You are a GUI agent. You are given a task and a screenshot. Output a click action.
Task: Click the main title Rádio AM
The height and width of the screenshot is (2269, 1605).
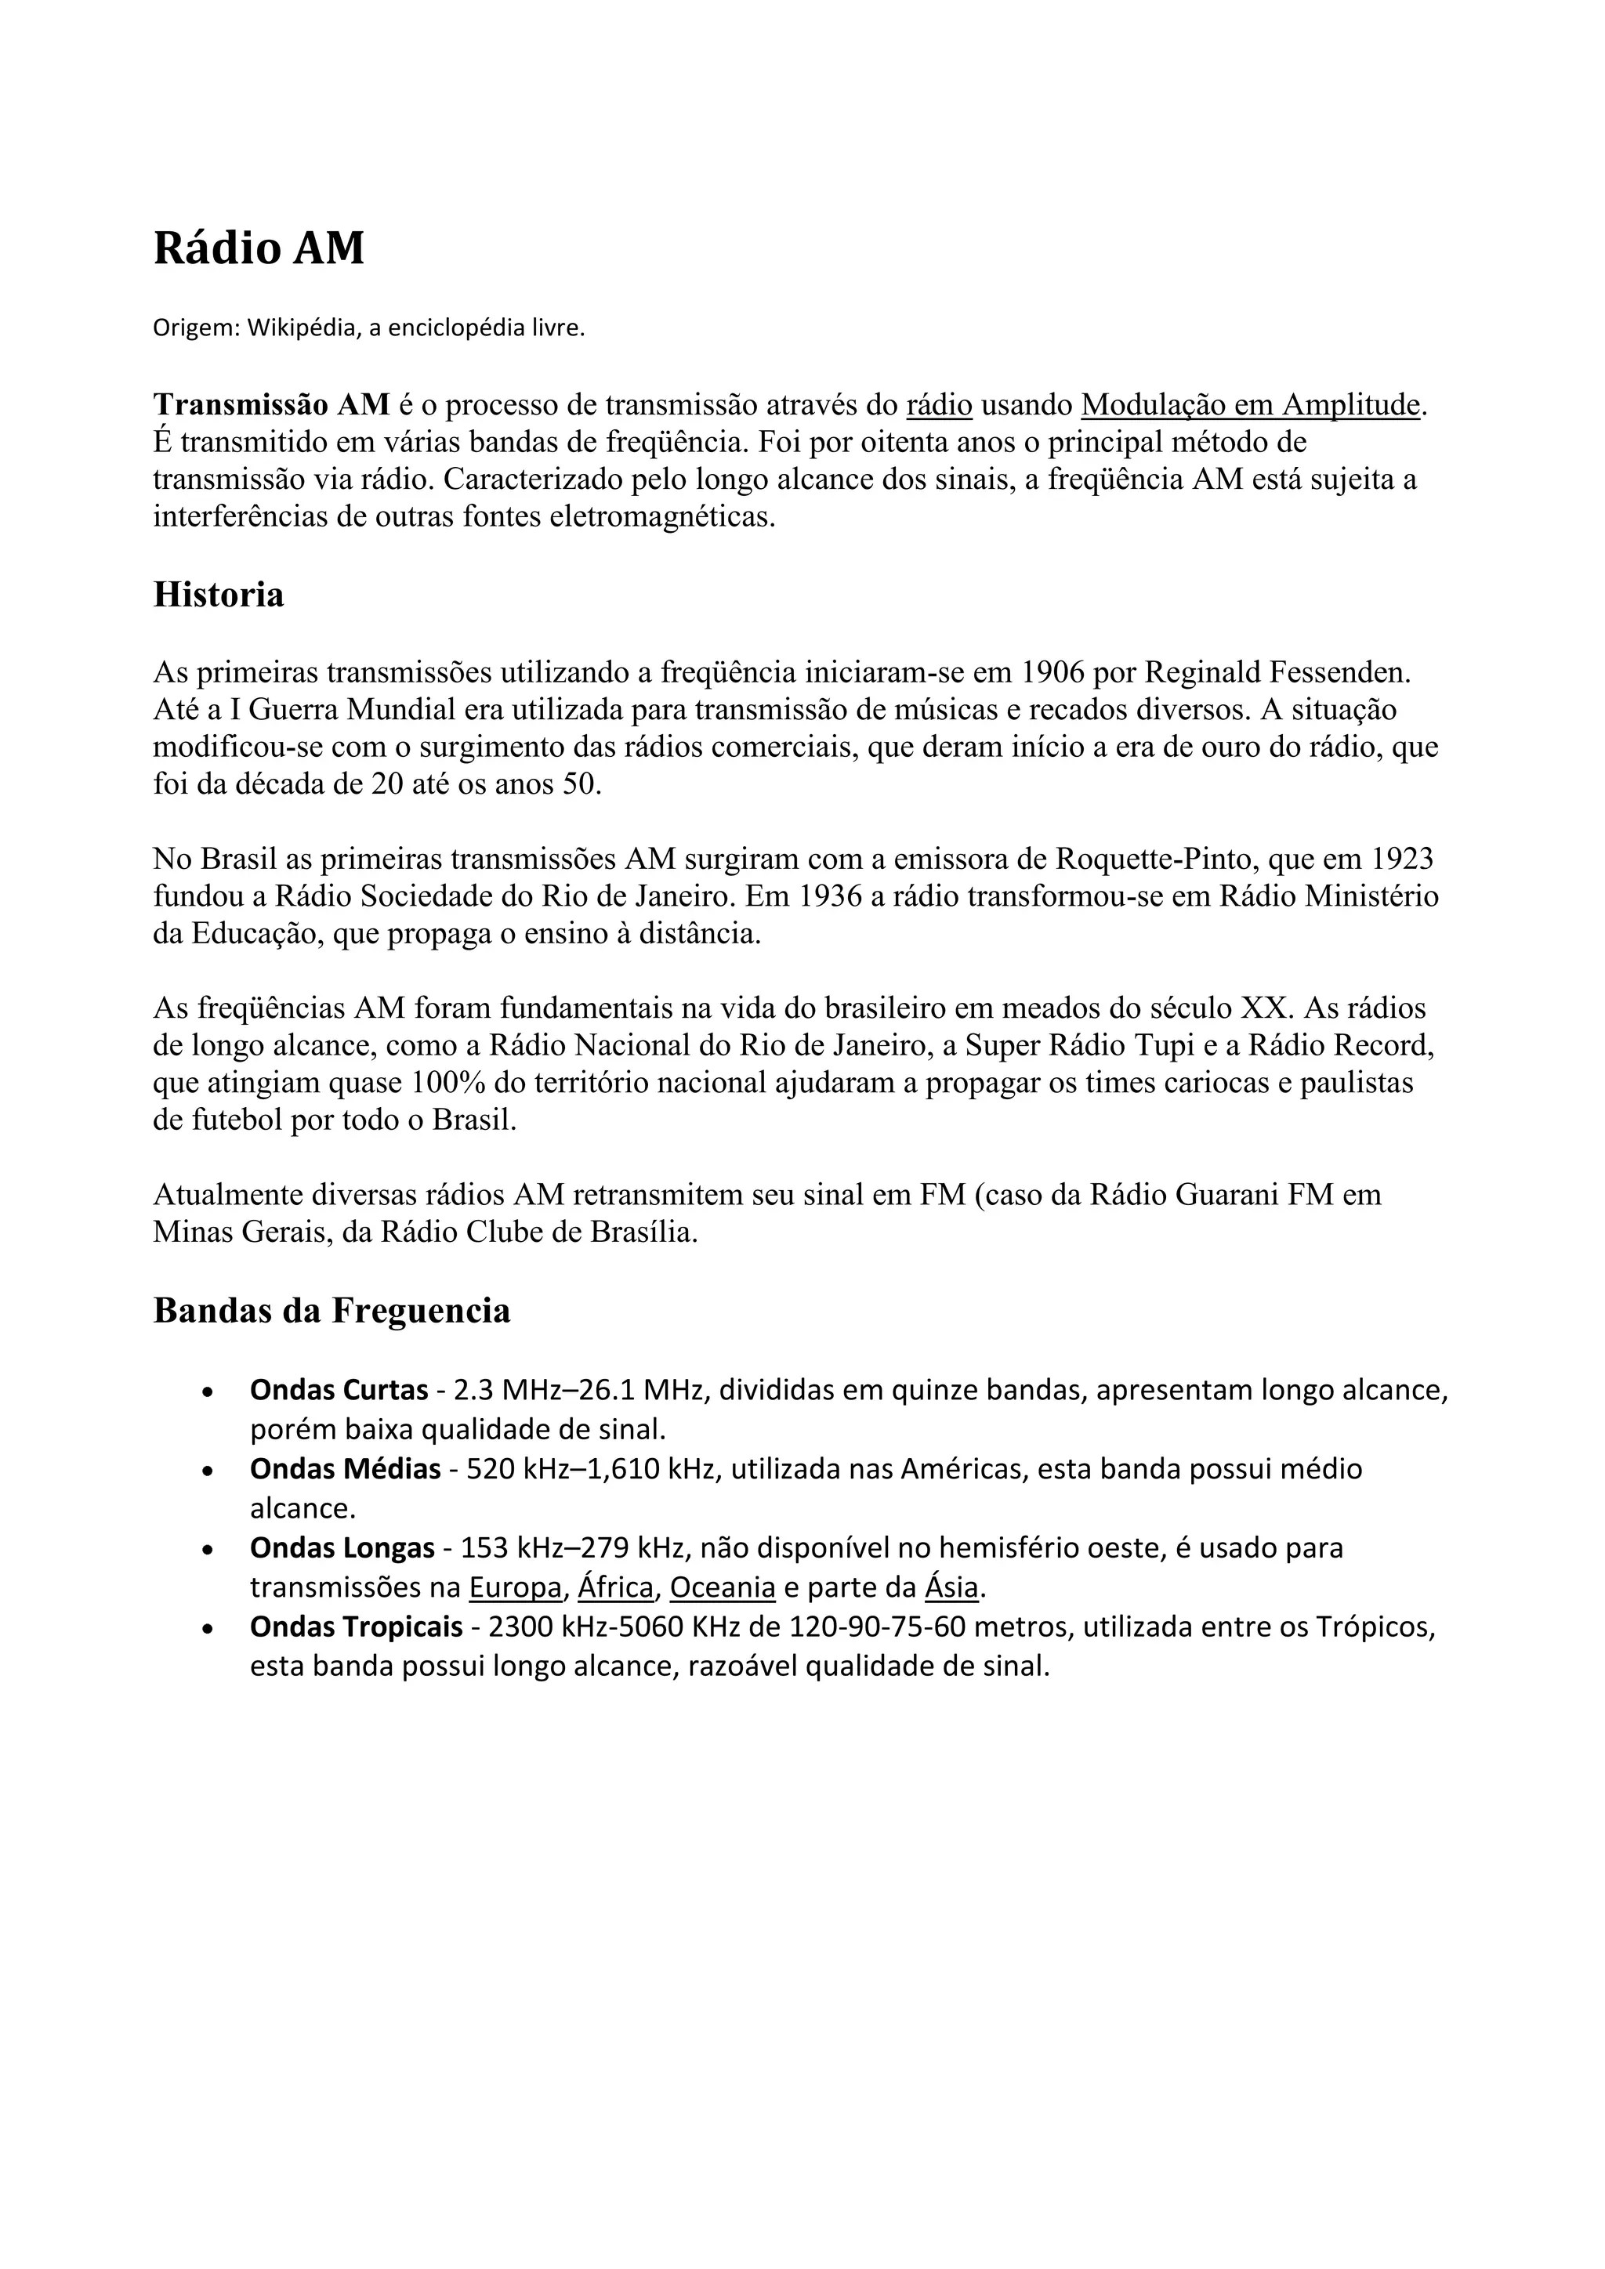(x=258, y=248)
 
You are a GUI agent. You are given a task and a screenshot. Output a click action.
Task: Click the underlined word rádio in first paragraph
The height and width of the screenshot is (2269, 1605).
(x=939, y=404)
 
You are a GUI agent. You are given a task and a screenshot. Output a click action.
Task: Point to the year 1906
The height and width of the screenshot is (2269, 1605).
(x=1052, y=673)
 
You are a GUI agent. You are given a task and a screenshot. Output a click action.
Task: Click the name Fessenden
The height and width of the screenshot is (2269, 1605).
(x=1339, y=673)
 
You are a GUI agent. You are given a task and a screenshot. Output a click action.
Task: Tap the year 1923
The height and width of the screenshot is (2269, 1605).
(x=1401, y=859)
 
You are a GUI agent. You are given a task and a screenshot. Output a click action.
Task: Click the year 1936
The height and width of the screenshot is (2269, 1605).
(x=828, y=896)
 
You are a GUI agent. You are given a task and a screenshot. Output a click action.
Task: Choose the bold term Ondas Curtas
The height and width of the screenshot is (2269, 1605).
(x=339, y=1391)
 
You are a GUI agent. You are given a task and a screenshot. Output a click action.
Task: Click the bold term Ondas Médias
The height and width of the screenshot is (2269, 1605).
(x=345, y=1470)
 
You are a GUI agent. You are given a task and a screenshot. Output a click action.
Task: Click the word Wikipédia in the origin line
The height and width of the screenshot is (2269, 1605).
(x=302, y=328)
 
